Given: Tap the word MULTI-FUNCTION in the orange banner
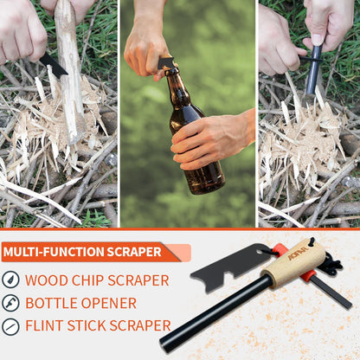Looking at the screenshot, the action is point(54,252).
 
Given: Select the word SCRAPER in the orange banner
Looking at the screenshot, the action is point(134,252).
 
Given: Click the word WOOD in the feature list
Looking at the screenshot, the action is point(47,280).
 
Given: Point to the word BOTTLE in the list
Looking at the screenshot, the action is point(51,303).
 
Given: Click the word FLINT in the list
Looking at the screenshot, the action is point(44,325).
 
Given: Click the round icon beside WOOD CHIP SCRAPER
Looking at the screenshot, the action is point(10,280).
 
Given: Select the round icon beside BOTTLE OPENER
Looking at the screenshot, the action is point(10,303).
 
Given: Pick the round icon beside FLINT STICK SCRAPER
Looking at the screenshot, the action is point(10,327).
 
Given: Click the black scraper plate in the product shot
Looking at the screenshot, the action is point(232,267).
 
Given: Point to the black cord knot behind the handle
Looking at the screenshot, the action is point(334,266).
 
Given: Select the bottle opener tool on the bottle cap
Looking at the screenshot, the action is point(166,63).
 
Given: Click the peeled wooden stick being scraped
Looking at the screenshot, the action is point(69,72).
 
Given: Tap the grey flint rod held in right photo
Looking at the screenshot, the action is point(314,69).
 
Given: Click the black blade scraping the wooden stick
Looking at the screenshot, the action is point(54,66).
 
